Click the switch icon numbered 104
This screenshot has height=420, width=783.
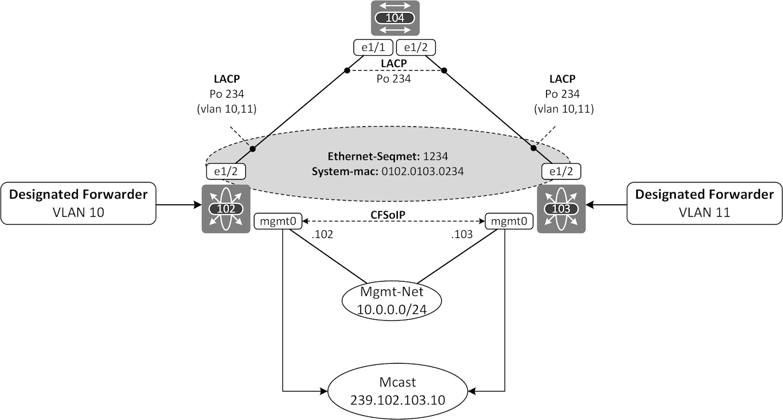[395, 18]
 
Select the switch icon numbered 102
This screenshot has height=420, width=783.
[226, 209]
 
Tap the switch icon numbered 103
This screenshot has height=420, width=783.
[561, 209]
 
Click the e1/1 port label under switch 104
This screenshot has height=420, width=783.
[373, 48]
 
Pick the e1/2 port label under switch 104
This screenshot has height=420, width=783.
[415, 48]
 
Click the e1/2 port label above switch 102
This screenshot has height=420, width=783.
[226, 172]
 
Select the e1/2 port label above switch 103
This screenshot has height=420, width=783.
[561, 172]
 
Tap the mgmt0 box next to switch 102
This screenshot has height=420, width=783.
[278, 221]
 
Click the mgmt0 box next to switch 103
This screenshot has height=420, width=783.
[508, 221]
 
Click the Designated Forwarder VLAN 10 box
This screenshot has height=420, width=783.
[78, 203]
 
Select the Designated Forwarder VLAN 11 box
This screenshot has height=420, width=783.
[704, 203]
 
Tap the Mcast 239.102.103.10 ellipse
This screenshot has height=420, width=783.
[398, 391]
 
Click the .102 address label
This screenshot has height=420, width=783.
[322, 234]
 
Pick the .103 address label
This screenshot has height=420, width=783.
[462, 234]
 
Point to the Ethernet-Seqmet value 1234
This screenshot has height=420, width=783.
[436, 156]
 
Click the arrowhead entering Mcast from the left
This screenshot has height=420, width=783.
[323, 391]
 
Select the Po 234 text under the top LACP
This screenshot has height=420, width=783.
[393, 78]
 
